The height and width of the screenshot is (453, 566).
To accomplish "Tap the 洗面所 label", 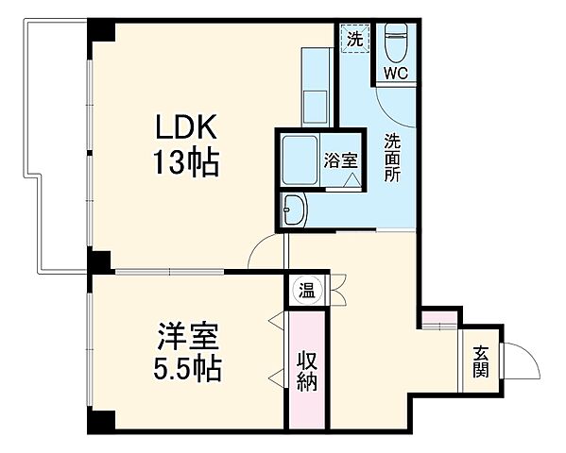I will (x=391, y=159).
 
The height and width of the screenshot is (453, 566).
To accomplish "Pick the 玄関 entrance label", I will (x=481, y=361).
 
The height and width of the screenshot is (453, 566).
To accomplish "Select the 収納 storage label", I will (x=307, y=371).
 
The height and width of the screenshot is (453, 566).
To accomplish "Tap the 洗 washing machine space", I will (x=353, y=40).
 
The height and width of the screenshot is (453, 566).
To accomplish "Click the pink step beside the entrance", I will (x=439, y=320).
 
